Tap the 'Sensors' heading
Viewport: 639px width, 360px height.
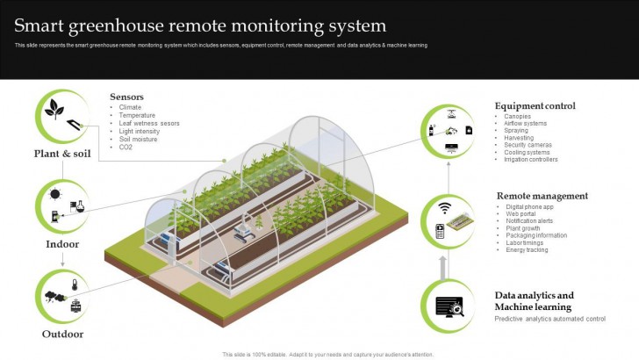coord(126,97)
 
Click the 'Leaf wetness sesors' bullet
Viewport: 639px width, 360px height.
coord(149,123)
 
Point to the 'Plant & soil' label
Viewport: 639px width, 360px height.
coord(62,154)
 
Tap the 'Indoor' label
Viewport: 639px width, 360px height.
coord(62,243)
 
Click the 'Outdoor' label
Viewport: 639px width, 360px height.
coord(62,334)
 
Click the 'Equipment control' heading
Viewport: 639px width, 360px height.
coord(535,106)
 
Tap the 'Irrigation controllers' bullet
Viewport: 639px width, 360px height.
coord(531,160)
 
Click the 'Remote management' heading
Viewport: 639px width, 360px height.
coord(542,196)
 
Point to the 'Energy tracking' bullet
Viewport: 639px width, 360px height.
coord(528,250)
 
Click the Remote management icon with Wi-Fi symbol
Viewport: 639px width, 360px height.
coord(448,220)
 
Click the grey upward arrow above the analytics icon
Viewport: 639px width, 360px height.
coord(443,263)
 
